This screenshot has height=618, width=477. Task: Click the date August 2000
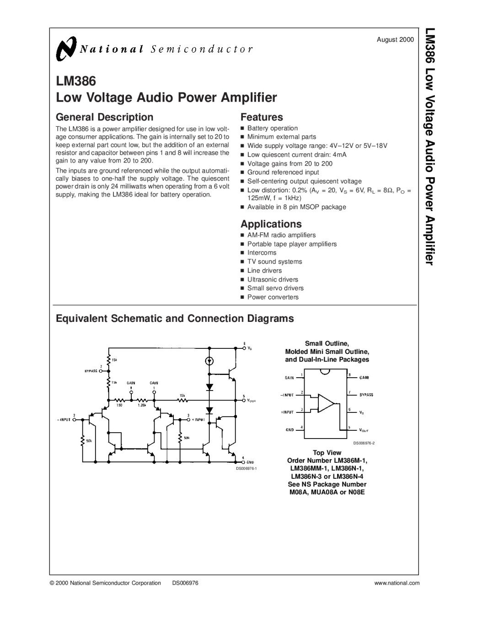pos(395,40)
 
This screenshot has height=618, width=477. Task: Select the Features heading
pos(262,117)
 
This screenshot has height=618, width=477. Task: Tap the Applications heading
pos(271,224)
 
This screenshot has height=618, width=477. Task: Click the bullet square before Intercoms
pos(243,253)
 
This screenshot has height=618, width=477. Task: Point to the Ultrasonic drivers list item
pos(273,279)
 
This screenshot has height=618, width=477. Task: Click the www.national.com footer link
pos(397,583)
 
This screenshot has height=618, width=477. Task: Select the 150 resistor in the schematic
pos(119,400)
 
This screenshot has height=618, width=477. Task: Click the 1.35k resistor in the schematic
pos(141,400)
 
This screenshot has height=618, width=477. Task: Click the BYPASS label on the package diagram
pos(366,394)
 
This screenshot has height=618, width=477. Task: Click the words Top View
pos(327,452)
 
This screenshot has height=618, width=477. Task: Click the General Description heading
pos(104,117)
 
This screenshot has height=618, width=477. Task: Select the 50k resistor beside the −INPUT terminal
pos(83,441)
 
